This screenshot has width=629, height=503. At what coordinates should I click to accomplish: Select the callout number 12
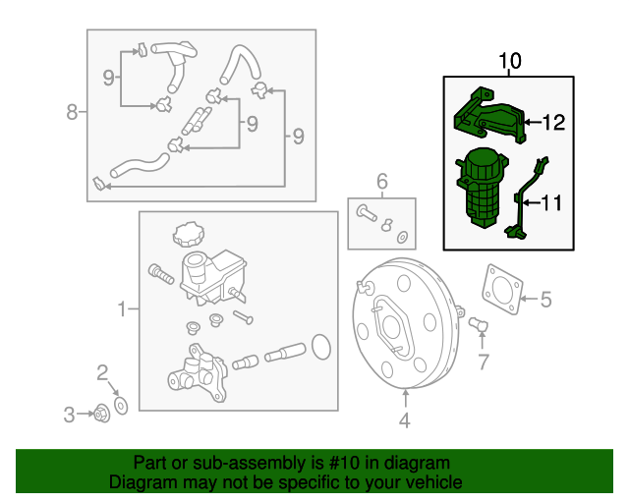point(553,123)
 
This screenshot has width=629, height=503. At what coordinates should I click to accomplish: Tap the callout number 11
point(551,203)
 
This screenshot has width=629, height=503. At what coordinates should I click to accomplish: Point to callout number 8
point(72,112)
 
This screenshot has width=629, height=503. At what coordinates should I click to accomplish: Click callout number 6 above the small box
point(382,181)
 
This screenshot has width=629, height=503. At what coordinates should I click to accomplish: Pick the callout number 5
point(547,298)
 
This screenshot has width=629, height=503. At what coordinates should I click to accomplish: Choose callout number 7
point(483,363)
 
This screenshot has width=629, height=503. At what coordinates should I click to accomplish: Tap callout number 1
point(123,309)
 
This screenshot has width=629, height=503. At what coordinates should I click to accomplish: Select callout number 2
point(101,371)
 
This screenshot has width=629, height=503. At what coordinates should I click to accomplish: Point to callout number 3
point(70,415)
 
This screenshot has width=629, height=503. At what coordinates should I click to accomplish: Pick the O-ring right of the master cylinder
point(320,346)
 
